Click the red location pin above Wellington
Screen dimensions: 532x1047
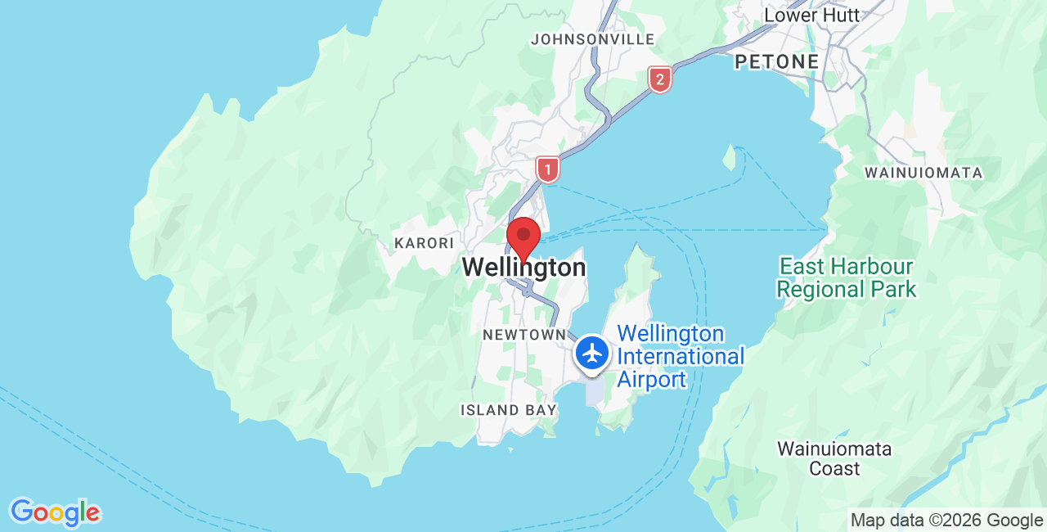pos(523,237)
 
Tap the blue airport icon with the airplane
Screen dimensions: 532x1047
pos(591,354)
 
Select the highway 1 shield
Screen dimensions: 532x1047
pos(547,169)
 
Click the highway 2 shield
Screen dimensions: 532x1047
pos(659,79)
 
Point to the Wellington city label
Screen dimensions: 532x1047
pos(523,268)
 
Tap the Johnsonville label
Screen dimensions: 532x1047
pos(593,39)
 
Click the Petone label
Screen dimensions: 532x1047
pos(776,61)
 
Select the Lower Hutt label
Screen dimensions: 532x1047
pos(811,16)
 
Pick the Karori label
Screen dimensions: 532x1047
pos(424,243)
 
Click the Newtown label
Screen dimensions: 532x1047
pos(523,335)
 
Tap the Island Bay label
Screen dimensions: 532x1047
pos(508,410)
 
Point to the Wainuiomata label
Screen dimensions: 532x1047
pos(923,173)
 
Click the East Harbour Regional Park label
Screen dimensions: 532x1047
pos(847,277)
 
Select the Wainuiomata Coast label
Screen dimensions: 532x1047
pos(834,458)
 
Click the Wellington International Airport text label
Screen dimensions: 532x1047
pos(681,357)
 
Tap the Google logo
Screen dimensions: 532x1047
pos(55,512)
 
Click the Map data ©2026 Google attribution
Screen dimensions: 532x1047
pos(946,520)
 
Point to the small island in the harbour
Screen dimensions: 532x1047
pos(729,157)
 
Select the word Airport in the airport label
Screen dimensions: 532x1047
pos(651,380)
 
